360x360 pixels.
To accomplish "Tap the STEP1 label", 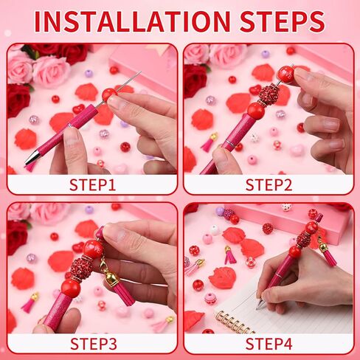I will click(92, 184).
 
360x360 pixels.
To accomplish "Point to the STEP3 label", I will click(92, 343).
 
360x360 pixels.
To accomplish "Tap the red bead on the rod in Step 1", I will click(108, 94).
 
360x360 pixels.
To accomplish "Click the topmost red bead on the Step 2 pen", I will click(285, 74).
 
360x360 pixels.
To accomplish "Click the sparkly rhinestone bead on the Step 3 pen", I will click(82, 267).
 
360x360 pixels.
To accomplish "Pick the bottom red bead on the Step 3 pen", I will click(70, 288).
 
